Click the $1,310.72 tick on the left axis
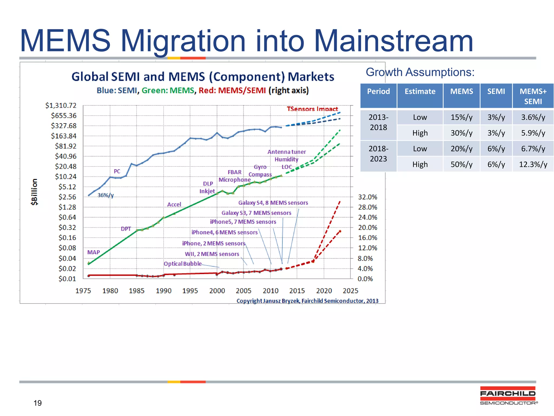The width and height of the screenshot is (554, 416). (61, 105)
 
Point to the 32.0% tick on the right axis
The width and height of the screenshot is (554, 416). (367, 197)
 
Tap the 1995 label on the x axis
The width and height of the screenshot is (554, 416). (190, 291)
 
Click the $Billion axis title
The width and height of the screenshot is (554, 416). (34, 192)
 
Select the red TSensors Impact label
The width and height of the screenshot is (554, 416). (312, 109)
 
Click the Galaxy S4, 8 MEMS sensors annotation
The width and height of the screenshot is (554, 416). (273, 203)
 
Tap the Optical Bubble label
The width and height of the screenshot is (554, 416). (183, 264)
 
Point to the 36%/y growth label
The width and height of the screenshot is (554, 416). (105, 195)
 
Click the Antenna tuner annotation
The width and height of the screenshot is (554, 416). (286, 152)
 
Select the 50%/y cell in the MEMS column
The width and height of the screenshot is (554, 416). (461, 164)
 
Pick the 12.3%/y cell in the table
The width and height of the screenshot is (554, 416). (533, 164)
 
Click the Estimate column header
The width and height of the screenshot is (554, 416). (420, 92)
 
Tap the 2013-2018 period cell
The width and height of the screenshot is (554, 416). (378, 122)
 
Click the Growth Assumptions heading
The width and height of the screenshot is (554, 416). (420, 72)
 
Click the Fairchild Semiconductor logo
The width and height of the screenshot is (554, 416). (508, 395)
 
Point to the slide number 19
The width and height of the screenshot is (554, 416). (38, 403)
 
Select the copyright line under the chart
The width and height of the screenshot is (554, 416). (307, 301)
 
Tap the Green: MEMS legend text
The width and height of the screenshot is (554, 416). (168, 90)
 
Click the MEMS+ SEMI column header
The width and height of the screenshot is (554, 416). (533, 96)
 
